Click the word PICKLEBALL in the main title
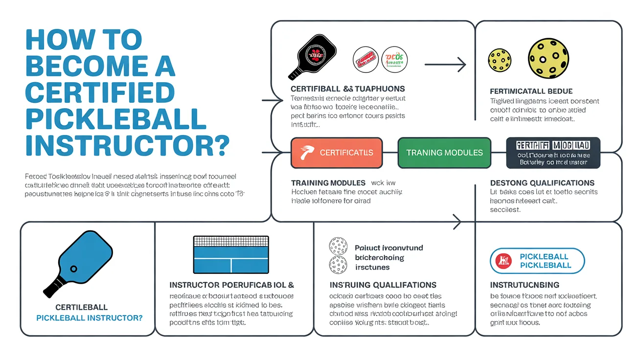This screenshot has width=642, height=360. tap(115, 120)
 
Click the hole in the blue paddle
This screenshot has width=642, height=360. tap(73, 269)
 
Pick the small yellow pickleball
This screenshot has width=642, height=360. tap(499, 60)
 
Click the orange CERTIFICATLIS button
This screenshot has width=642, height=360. tap(337, 153)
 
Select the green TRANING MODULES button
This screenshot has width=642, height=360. tap(444, 153)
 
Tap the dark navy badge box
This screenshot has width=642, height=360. tap(553, 153)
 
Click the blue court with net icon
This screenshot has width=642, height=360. tap(231, 255)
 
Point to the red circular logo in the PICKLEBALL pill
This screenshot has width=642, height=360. tap(504, 261)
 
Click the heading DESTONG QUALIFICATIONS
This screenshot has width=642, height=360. tap(542, 183)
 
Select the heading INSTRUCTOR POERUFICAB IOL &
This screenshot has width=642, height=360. tap(231, 285)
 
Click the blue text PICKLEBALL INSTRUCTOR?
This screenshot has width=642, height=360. tap(90, 318)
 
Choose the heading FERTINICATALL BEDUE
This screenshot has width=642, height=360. tap(531, 91)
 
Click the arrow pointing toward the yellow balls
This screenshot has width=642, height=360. tap(445, 64)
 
